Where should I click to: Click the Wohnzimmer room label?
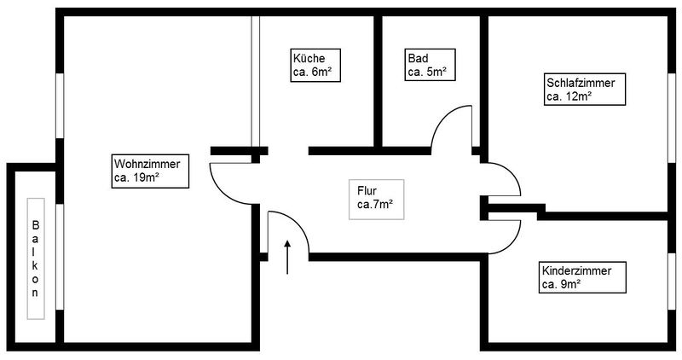point(150,171)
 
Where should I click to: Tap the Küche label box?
point(315,66)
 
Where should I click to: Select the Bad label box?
point(430,65)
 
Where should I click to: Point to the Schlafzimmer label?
point(585,90)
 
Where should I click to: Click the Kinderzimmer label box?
point(582,277)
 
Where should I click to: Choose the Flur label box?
point(376,200)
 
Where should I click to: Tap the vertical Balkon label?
point(36,259)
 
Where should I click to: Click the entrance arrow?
point(287,257)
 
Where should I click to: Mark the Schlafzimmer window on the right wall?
point(672,118)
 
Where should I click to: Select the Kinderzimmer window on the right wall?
point(672,282)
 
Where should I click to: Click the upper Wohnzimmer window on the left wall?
point(60,106)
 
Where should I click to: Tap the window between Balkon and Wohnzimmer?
point(60,257)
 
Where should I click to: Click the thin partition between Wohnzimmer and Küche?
point(256,81)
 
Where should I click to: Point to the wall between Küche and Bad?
point(378,81)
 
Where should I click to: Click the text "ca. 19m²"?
point(136,177)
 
